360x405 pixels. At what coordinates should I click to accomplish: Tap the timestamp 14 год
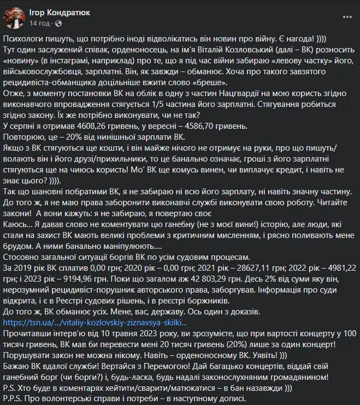[x=39, y=23]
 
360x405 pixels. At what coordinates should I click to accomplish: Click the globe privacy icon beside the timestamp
[x=56, y=23]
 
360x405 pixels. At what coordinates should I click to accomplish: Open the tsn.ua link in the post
[x=71, y=322]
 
